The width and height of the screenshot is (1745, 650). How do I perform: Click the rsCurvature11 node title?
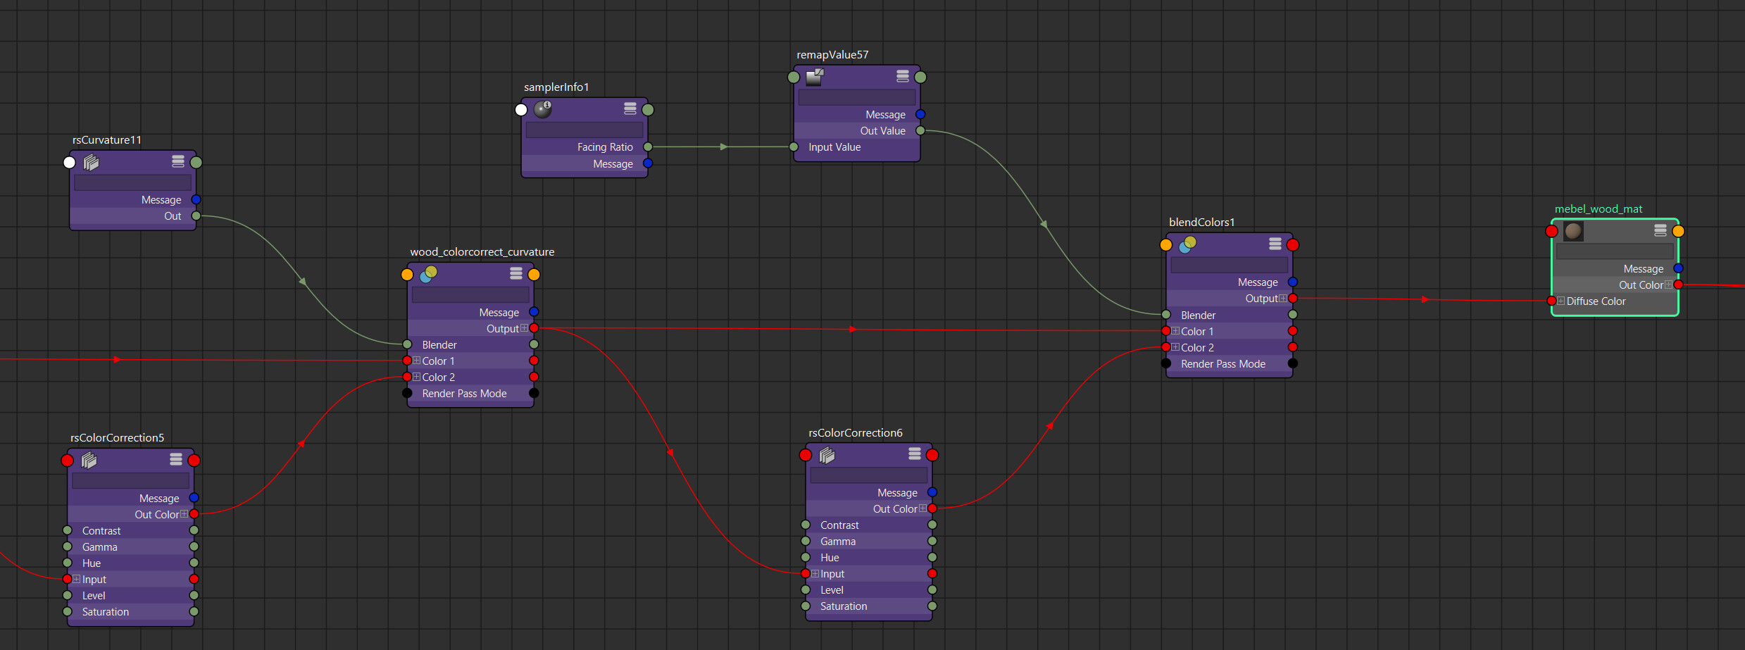[x=107, y=140]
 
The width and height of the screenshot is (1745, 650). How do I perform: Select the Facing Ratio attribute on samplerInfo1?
[x=605, y=147]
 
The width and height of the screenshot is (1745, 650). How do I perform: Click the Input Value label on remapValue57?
[x=834, y=147]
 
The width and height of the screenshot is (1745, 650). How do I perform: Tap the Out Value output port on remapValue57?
[x=920, y=130]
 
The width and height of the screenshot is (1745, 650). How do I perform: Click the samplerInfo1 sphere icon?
[x=542, y=108]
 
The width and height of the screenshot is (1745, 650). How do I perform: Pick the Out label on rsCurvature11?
[x=173, y=216]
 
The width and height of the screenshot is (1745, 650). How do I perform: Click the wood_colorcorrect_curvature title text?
[x=482, y=252]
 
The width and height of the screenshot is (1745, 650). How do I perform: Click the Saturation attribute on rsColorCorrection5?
[x=106, y=612]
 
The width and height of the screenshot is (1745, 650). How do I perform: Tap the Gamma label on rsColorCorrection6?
[x=838, y=542]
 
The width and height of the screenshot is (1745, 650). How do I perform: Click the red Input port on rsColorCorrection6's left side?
[x=806, y=573]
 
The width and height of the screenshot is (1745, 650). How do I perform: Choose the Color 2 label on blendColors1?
[x=1197, y=348]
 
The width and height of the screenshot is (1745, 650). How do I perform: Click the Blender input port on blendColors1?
[x=1166, y=315]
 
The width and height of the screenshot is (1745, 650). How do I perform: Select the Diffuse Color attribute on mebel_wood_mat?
[x=1596, y=301]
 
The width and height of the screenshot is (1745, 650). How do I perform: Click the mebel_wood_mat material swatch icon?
[x=1573, y=231]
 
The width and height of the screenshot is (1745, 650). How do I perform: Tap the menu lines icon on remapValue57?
[x=903, y=76]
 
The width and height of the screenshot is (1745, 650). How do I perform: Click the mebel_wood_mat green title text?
[x=1599, y=209]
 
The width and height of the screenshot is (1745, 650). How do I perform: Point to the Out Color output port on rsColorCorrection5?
[x=194, y=514]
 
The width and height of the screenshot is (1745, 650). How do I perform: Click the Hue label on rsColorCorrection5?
[x=92, y=563]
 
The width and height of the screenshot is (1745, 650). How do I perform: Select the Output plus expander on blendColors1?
[x=1282, y=299]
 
